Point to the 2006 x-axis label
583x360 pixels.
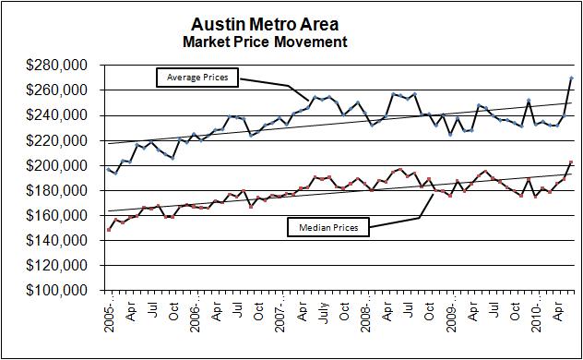pyautogui.click(x=196, y=318)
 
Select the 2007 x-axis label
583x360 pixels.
pyautogui.click(x=280, y=318)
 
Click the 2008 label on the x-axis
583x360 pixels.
pyautogui.click(x=366, y=318)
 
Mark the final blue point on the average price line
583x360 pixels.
pyautogui.click(x=571, y=78)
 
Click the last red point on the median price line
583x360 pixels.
pyautogui.click(x=571, y=162)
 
